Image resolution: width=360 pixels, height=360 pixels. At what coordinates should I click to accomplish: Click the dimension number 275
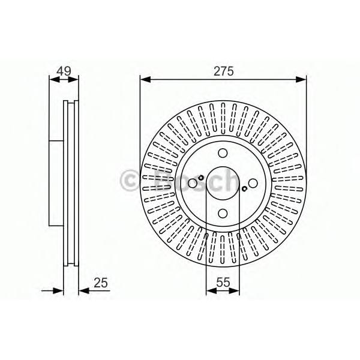point(223,71)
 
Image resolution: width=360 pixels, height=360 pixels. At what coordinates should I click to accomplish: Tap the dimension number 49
point(64,71)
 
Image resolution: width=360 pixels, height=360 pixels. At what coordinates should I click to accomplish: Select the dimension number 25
point(101,283)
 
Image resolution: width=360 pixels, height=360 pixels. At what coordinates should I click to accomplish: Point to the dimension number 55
point(223,282)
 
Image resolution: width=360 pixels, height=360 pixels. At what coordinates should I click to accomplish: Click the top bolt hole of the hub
point(223,153)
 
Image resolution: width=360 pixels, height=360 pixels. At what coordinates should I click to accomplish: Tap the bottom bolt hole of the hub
point(223,213)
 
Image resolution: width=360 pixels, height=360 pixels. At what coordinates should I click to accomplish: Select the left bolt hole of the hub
point(193,183)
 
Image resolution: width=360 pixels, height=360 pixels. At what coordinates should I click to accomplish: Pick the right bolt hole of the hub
point(253,183)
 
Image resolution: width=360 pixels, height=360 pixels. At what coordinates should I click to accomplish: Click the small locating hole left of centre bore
point(201,178)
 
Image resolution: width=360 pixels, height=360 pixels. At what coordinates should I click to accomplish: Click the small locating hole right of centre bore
point(245,189)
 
